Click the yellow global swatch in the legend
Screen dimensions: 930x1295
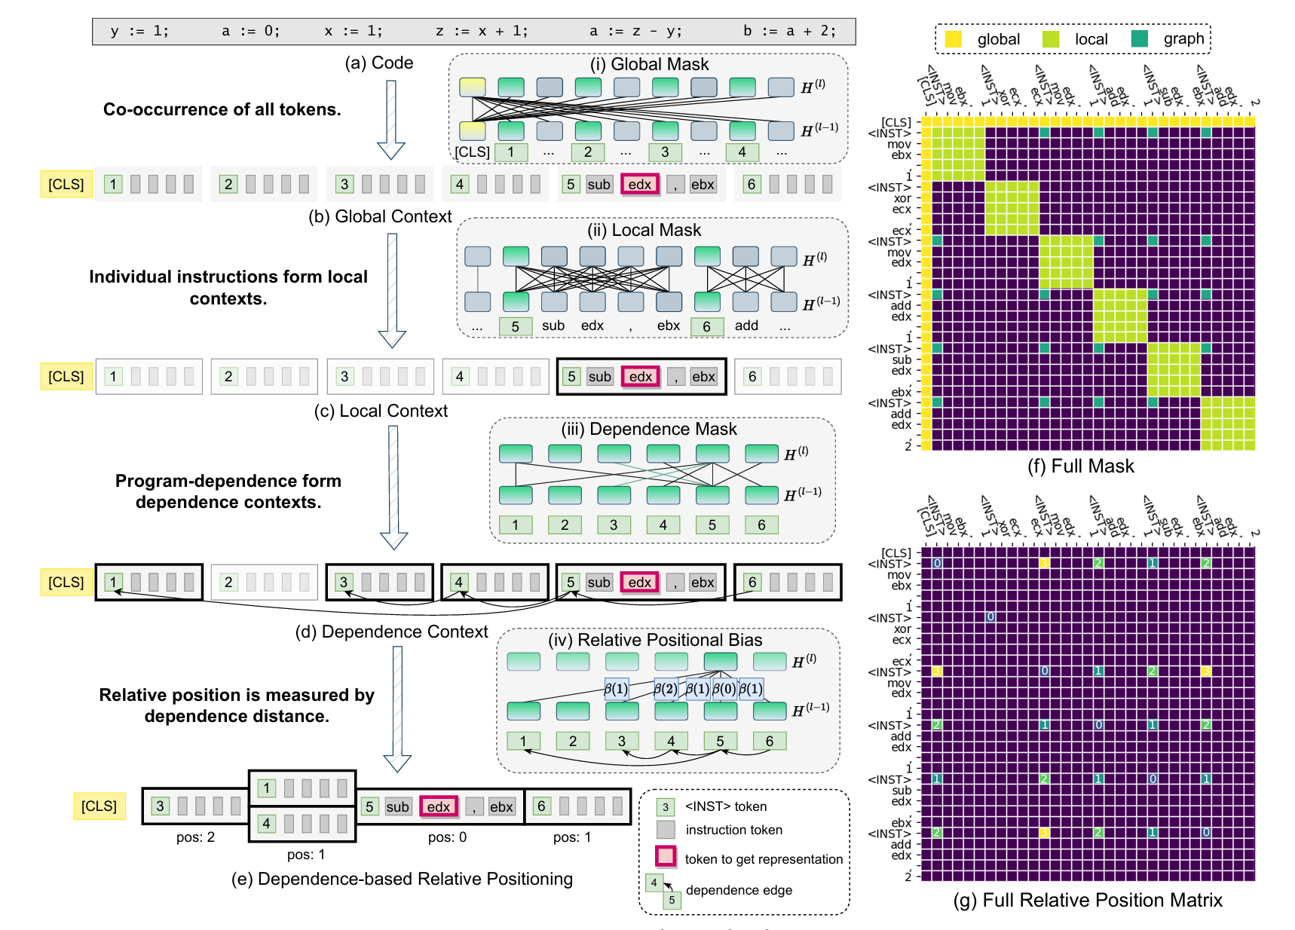(x=954, y=39)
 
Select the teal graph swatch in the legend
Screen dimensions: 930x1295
(x=1140, y=39)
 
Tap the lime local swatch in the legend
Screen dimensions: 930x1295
(x=1051, y=39)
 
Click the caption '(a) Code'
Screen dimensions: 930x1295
(x=378, y=63)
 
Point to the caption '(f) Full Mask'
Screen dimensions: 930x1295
(x=1080, y=466)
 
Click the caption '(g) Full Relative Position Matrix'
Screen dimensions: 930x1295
(x=1087, y=900)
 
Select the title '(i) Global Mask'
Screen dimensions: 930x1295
(x=649, y=64)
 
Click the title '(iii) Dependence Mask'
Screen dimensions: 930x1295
(x=648, y=429)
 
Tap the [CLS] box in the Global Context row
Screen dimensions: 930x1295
(x=66, y=184)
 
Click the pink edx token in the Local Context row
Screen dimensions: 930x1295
(x=641, y=377)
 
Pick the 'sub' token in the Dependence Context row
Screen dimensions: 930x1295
(x=599, y=583)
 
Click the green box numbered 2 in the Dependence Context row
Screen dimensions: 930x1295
(x=228, y=583)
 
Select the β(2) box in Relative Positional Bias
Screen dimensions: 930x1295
(x=666, y=688)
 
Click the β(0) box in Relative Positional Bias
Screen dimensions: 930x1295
(x=724, y=688)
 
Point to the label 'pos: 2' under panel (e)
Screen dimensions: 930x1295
(x=195, y=837)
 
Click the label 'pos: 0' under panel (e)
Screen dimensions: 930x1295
(x=447, y=837)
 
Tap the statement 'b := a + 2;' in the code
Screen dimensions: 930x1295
(x=788, y=31)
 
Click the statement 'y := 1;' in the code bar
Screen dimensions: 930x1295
(x=139, y=31)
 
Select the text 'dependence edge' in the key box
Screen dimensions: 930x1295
(x=739, y=890)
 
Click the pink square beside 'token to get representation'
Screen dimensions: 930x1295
(x=666, y=857)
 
